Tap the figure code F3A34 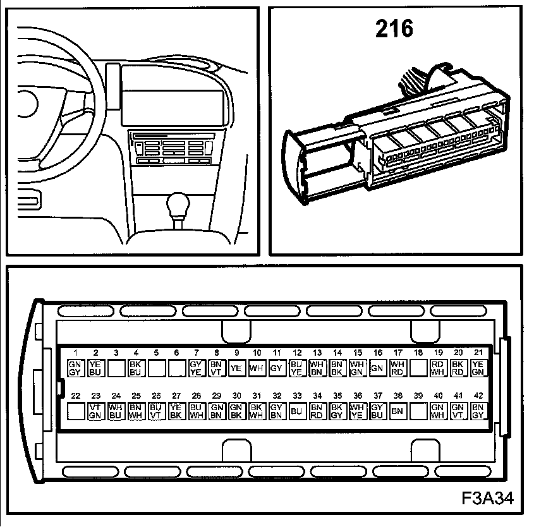(x=487, y=499)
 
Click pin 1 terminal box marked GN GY (x=75, y=368)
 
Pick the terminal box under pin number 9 (x=236, y=368)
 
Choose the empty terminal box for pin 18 (x=418, y=368)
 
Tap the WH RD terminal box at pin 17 (x=397, y=368)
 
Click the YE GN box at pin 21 (x=478, y=368)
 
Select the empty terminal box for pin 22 (x=75, y=411)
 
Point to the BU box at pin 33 (x=297, y=411)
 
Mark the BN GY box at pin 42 (x=478, y=411)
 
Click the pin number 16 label (x=377, y=353)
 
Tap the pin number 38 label (x=397, y=396)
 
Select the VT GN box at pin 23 (x=96, y=411)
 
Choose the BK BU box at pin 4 (x=136, y=368)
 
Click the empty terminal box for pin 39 (x=418, y=411)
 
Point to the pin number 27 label (x=176, y=396)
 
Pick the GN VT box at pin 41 (x=458, y=411)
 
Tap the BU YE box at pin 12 (x=297, y=368)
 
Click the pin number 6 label (x=176, y=353)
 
